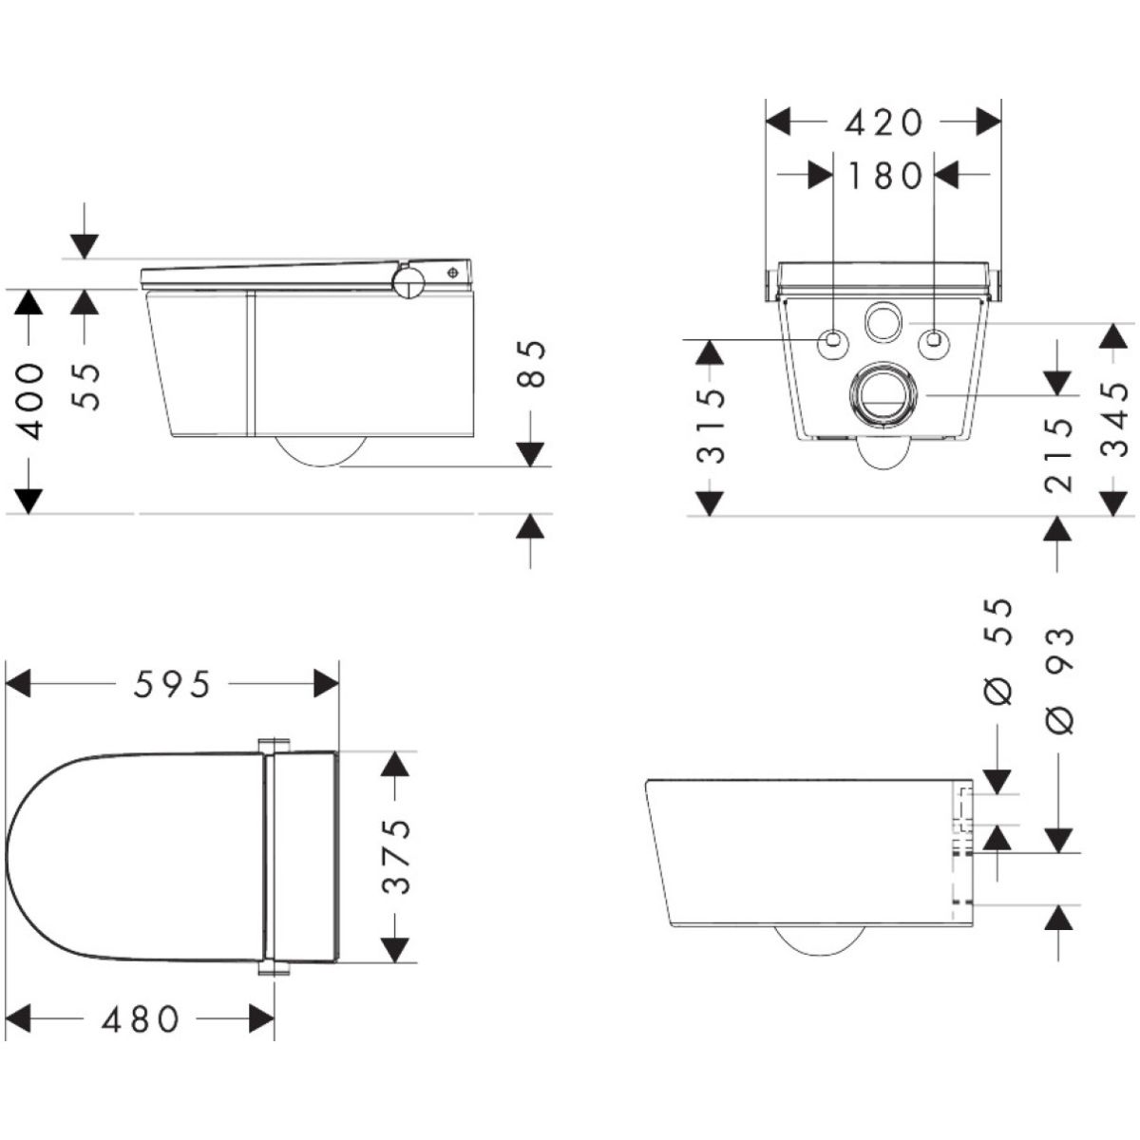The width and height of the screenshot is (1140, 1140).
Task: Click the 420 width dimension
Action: click(x=883, y=123)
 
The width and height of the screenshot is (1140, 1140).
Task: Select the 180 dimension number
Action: click(x=884, y=176)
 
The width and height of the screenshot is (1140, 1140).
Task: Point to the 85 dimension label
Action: click(x=529, y=363)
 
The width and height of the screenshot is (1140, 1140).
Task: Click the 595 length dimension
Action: click(x=172, y=684)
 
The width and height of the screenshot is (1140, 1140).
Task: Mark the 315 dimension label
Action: click(x=710, y=426)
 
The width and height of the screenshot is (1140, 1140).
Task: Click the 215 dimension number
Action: click(x=1058, y=455)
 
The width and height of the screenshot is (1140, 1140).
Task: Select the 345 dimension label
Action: click(x=1115, y=419)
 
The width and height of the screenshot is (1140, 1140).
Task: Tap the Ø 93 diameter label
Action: click(x=1058, y=679)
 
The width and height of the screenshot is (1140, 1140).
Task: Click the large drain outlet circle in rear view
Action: click(x=883, y=397)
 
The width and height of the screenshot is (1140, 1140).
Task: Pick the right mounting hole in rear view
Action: click(x=934, y=341)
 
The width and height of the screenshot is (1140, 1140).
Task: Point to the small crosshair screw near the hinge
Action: click(x=453, y=273)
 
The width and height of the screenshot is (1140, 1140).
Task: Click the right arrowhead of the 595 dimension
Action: click(x=326, y=684)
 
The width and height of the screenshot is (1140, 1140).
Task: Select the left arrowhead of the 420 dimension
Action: click(x=778, y=123)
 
